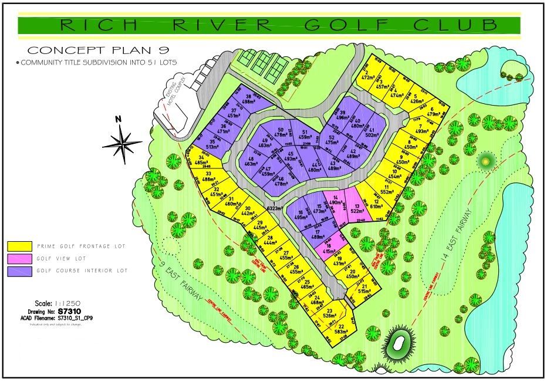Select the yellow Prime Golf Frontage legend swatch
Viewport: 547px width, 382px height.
click(x=20, y=245)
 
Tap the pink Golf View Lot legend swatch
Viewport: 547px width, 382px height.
click(x=20, y=258)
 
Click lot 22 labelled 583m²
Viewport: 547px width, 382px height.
click(x=341, y=329)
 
